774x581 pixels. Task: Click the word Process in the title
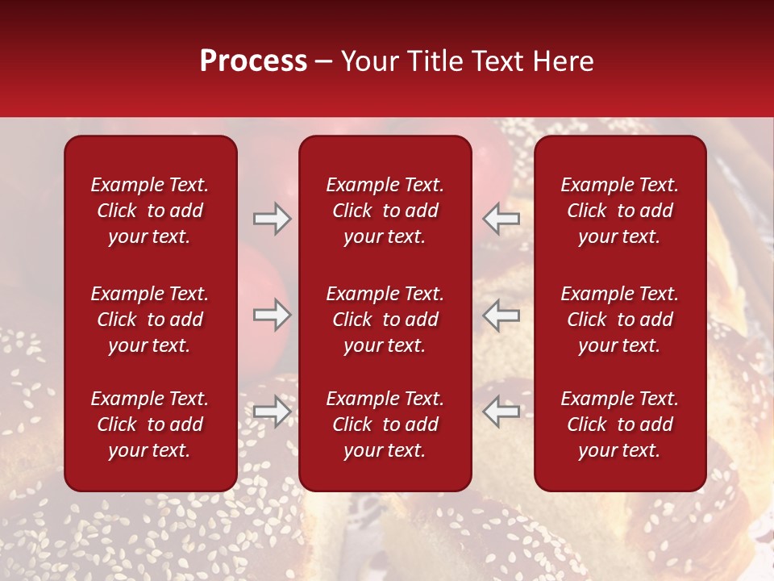tap(253, 61)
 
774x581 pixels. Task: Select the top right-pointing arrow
tap(272, 219)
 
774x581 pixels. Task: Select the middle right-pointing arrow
tap(272, 315)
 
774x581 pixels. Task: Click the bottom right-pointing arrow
tap(272, 412)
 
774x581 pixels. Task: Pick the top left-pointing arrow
tap(501, 219)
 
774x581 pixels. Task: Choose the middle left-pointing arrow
tap(501, 315)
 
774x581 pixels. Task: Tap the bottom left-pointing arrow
tap(501, 412)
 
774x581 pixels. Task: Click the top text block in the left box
tap(150, 211)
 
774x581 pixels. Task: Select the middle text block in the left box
tap(150, 320)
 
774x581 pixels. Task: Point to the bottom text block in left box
tap(150, 424)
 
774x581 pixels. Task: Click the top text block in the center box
tap(385, 211)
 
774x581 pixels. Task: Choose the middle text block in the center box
tap(385, 320)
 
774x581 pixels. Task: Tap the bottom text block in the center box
tap(385, 424)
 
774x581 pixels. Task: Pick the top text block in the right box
tap(619, 211)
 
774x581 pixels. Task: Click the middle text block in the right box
tap(619, 320)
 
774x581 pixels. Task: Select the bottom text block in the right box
tap(619, 424)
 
